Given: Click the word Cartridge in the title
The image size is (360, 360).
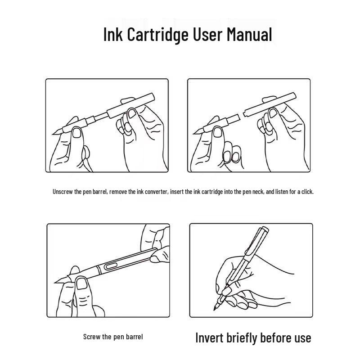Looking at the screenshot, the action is click(x=158, y=35).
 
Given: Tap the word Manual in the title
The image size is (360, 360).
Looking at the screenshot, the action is click(x=249, y=34).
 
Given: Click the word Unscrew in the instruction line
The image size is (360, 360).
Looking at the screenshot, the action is click(x=63, y=192).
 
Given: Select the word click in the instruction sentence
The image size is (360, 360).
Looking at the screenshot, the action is click(x=307, y=192).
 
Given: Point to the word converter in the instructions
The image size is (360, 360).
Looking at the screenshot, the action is click(x=157, y=192).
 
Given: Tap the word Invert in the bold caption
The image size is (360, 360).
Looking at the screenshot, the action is click(x=210, y=338).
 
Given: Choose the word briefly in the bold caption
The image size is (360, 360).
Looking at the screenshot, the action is click(x=242, y=338).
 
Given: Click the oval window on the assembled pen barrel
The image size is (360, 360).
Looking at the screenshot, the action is click(x=111, y=266).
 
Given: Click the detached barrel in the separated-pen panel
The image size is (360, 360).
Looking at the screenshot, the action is click(x=270, y=105).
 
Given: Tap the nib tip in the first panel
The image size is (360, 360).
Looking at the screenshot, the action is click(x=53, y=134).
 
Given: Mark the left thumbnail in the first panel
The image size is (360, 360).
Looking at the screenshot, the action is click(x=77, y=133).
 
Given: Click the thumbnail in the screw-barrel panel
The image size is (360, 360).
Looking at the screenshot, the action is click(x=82, y=283).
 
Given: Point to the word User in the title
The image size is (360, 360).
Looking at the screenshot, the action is click(x=207, y=34).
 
